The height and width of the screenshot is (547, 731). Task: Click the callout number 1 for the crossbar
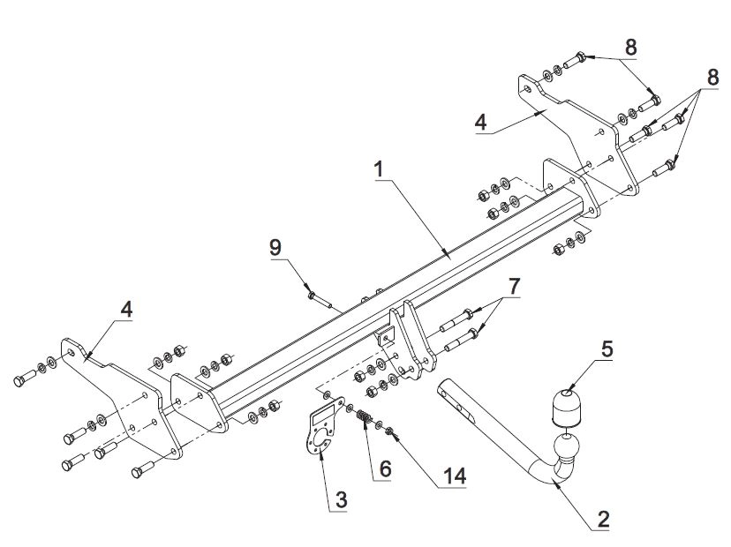pyautogui.click(x=379, y=169)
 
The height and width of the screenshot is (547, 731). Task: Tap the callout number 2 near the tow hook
pyautogui.click(x=603, y=519)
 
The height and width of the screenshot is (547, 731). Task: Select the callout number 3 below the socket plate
pyautogui.click(x=342, y=500)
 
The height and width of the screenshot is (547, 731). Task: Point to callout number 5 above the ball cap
pyautogui.click(x=607, y=349)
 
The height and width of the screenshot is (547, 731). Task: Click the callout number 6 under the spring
pyautogui.click(x=385, y=468)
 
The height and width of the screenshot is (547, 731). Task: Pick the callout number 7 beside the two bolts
pyautogui.click(x=513, y=287)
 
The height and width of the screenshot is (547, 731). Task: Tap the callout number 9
pyautogui.click(x=275, y=247)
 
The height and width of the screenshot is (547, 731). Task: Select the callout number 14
pyautogui.click(x=455, y=476)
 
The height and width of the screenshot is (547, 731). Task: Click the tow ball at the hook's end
pyautogui.click(x=566, y=446)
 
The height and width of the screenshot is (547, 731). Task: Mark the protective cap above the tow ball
pyautogui.click(x=566, y=408)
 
